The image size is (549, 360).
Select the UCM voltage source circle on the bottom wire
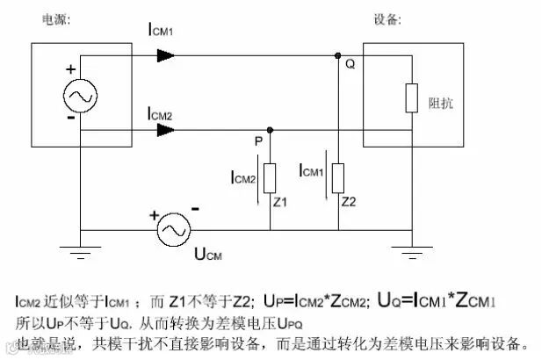click(174, 230)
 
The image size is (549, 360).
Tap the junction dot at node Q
click(338, 55)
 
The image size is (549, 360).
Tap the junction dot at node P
click(270, 130)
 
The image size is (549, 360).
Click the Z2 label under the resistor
click(350, 203)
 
